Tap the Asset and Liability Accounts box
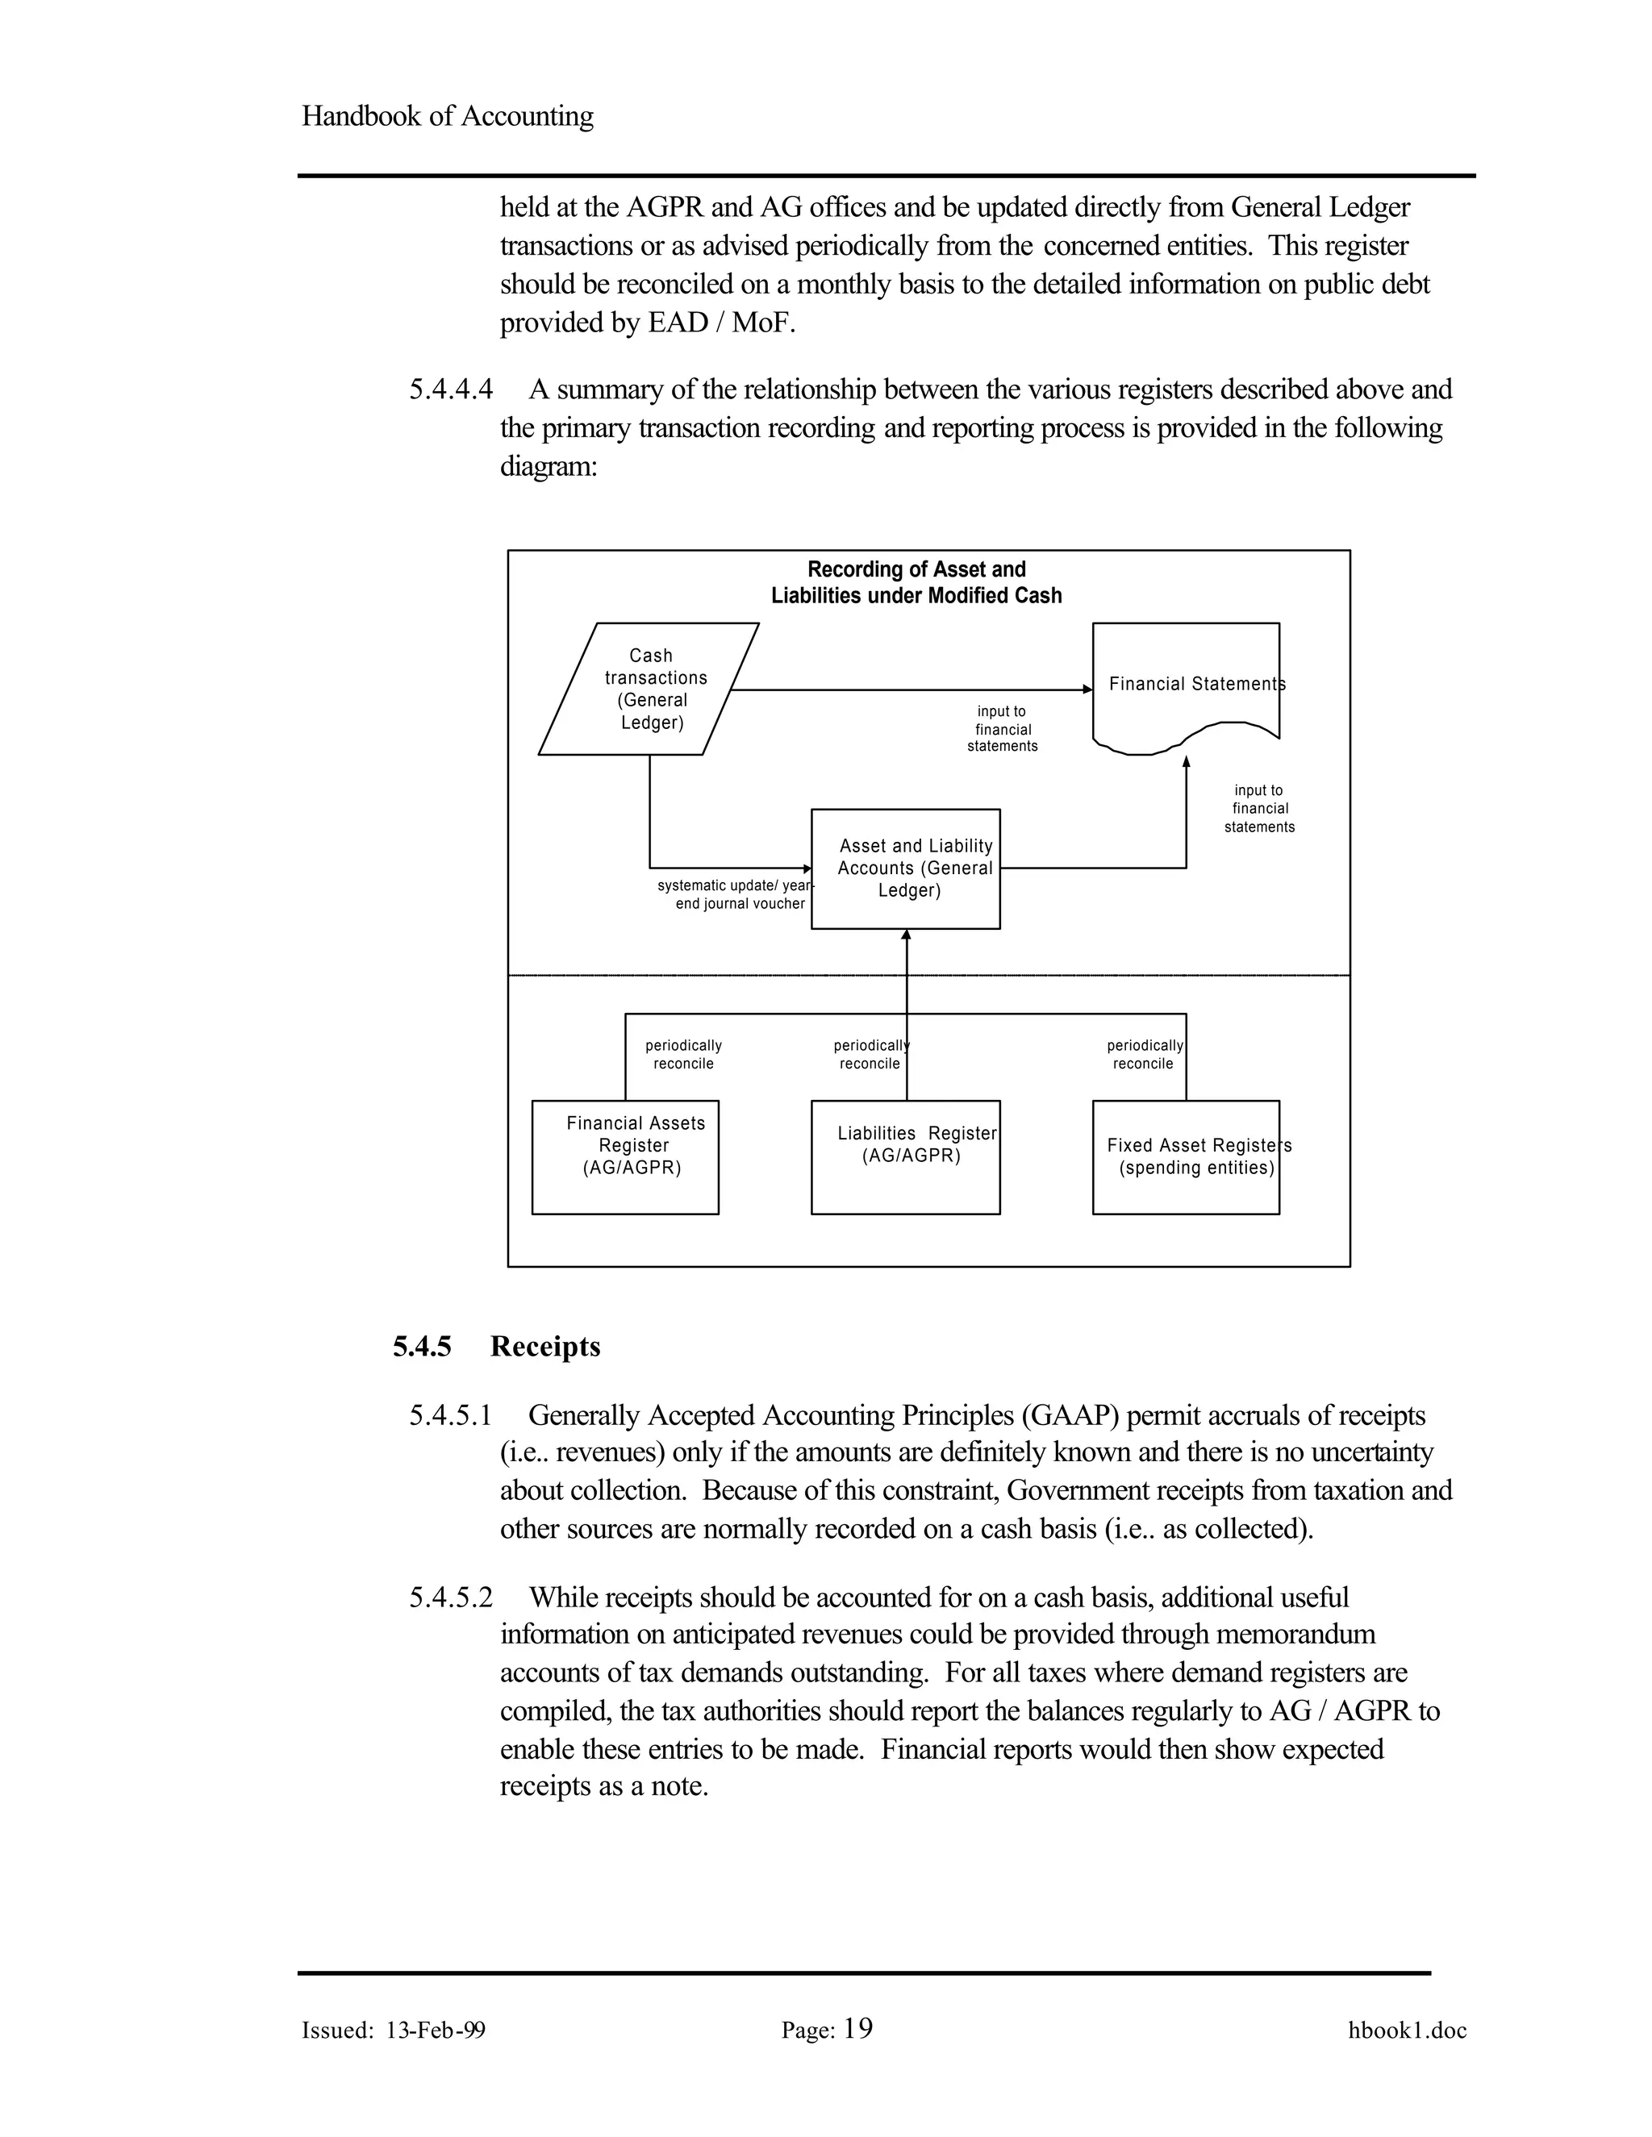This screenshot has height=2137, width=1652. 905,869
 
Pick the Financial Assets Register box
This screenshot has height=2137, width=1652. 625,1157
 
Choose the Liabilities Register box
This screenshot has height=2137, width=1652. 905,1157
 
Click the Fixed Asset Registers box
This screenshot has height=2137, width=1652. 1185,1157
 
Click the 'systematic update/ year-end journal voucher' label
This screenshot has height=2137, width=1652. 734,894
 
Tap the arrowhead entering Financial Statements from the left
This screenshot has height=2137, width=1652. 1087,689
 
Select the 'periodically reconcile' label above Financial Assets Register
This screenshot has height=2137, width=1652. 683,1055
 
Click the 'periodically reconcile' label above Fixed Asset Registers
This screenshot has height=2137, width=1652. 1144,1055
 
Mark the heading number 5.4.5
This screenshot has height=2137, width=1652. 422,1348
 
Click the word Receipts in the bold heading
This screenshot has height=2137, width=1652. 545,1348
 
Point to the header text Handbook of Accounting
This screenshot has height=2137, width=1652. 447,116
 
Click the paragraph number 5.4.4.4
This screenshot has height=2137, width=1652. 451,389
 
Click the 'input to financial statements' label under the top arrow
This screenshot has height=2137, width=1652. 1002,729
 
